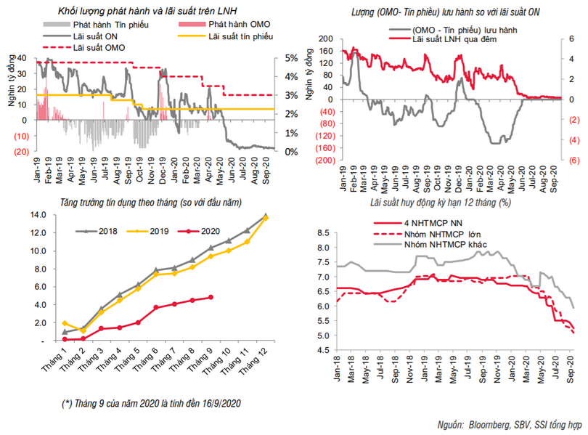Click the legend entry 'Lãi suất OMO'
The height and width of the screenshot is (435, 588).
tap(99, 46)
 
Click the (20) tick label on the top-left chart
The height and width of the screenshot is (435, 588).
tap(20, 152)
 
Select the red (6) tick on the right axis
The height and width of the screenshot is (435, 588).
tap(573, 160)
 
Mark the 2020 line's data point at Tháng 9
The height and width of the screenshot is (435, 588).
tap(211, 297)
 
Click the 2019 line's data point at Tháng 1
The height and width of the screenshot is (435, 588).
tap(65, 323)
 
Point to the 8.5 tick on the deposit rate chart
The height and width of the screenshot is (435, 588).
tap(327, 232)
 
